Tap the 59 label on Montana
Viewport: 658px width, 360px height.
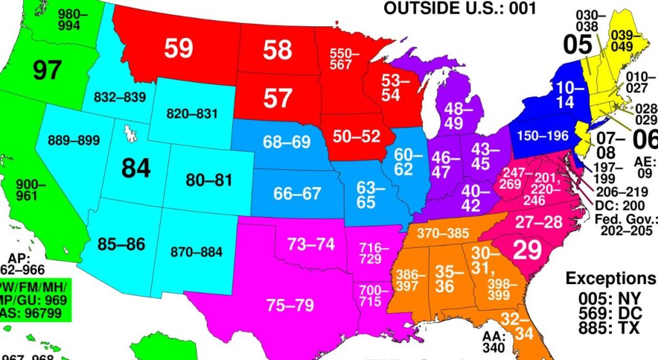tap(179, 48)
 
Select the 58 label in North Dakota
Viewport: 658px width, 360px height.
tap(277, 50)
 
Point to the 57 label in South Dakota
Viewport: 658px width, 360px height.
tap(278, 98)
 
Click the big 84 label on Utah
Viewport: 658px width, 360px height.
tap(136, 168)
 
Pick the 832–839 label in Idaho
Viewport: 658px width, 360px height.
tap(120, 97)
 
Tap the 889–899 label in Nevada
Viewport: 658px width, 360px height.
tap(71, 140)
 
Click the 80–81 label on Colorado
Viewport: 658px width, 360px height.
tap(209, 180)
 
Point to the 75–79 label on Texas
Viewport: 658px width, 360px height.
tap(290, 305)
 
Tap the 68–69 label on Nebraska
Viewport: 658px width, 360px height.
tap(287, 142)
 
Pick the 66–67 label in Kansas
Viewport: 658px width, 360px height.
tap(297, 193)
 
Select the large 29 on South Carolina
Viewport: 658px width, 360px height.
tap(527, 250)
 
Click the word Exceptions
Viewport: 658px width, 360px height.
tap(610, 278)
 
